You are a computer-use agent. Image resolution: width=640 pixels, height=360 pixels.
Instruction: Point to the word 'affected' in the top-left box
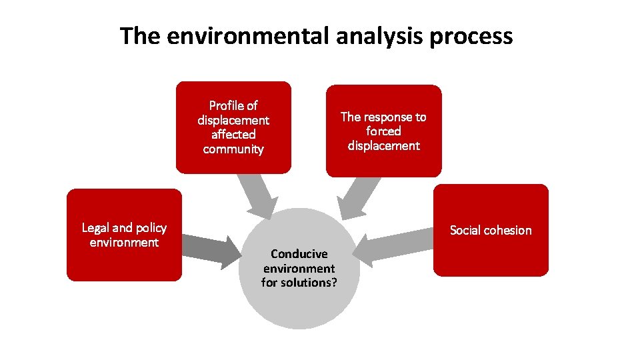(233, 135)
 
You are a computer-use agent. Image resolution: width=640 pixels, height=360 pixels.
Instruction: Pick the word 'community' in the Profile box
(233, 149)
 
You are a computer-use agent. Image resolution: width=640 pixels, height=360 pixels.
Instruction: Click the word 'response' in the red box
(387, 117)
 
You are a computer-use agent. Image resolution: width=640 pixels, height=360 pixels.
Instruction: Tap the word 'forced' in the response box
(383, 131)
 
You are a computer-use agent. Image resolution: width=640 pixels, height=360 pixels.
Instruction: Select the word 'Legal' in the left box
(95, 228)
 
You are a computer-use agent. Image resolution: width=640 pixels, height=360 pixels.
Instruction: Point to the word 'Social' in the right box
(467, 230)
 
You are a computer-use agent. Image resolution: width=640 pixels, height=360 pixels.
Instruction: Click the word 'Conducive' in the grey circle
(299, 254)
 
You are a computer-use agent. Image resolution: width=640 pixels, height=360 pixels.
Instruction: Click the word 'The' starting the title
(141, 35)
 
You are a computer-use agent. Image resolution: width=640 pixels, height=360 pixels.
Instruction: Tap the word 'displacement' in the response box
(383, 146)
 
